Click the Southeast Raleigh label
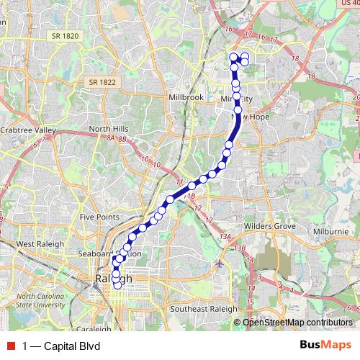(204, 309)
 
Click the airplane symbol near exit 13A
(219, 263)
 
